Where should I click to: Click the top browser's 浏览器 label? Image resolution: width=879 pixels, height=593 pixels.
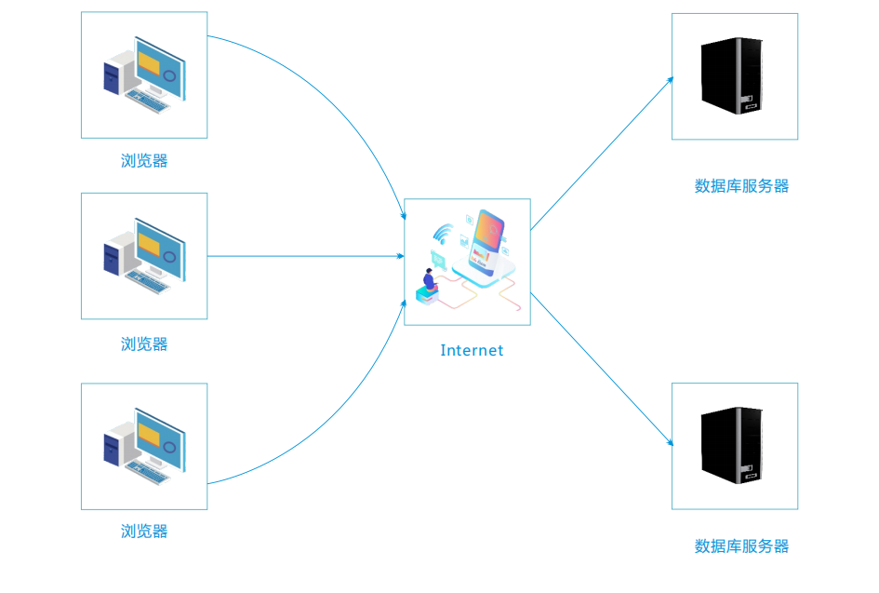(144, 161)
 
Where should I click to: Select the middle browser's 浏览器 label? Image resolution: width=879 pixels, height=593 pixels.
(144, 344)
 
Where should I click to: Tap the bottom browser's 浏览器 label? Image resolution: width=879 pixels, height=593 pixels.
(144, 532)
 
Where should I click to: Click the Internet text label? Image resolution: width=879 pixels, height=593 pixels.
(472, 351)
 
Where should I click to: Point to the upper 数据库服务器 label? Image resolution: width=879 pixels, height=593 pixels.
(741, 186)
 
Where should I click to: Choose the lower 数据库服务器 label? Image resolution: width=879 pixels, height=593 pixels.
(741, 546)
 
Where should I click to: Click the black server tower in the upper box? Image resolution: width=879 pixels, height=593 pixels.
(732, 75)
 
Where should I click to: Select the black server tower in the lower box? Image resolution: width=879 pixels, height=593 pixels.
(732, 446)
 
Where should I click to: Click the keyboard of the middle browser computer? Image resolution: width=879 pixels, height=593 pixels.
(148, 282)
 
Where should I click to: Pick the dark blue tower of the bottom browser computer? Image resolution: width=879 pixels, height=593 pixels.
(112, 449)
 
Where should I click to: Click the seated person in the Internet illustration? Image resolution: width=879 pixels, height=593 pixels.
(430, 279)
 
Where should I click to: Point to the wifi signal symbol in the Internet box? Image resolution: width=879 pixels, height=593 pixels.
(443, 234)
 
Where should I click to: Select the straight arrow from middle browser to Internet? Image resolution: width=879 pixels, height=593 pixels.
(305, 256)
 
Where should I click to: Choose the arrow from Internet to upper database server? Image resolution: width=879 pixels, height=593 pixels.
(602, 154)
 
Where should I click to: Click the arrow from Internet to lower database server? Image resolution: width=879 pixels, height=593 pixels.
(602, 370)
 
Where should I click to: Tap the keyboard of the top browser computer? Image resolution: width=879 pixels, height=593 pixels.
(148, 101)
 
